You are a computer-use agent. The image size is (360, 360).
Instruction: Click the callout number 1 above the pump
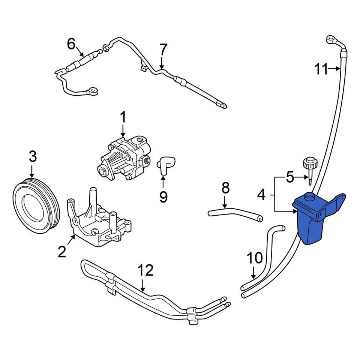click(123, 118)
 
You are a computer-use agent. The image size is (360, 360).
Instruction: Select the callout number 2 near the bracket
click(62, 251)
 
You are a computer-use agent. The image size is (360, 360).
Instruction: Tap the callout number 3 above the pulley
click(33, 156)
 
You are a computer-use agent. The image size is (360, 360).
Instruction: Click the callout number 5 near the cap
click(290, 177)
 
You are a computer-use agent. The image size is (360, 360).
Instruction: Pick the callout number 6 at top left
click(71, 44)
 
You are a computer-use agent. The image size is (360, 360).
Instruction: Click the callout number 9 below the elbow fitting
click(163, 196)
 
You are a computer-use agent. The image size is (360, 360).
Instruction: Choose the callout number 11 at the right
click(321, 69)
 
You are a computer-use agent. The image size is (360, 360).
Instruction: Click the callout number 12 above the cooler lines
click(145, 270)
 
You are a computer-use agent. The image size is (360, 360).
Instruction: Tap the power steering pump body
click(124, 157)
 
